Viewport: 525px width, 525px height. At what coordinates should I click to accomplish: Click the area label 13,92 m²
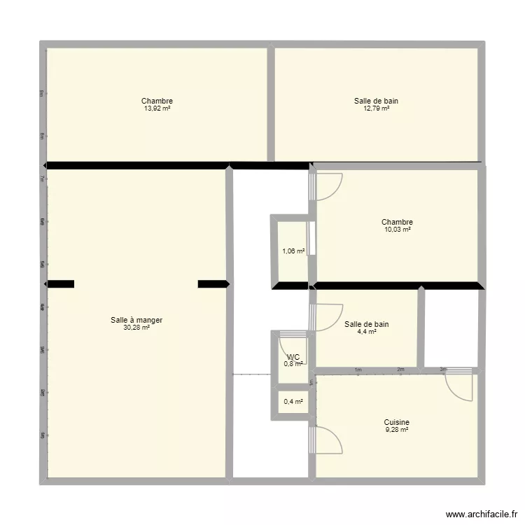[157, 108]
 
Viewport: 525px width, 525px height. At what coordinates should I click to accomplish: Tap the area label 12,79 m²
[376, 108]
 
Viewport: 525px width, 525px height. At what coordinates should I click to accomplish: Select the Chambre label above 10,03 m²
[397, 223]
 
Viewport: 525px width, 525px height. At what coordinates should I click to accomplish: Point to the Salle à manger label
[136, 320]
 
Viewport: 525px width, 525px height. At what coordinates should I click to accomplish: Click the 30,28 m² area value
[136, 328]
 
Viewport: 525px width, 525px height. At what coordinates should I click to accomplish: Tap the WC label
[293, 356]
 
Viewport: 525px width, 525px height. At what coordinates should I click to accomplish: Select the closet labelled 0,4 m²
[293, 402]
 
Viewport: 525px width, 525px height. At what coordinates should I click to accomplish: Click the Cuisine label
[396, 422]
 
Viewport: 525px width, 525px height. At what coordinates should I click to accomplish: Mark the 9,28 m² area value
[396, 430]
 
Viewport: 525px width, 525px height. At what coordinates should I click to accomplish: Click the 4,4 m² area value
[366, 332]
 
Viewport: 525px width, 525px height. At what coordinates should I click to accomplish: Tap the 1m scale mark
[358, 370]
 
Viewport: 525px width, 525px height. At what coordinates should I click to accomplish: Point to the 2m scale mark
[400, 370]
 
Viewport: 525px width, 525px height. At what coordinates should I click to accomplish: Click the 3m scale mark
[443, 370]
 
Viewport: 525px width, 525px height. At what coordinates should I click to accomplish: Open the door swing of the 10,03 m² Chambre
[328, 185]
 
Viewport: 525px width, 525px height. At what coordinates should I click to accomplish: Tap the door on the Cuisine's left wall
[328, 440]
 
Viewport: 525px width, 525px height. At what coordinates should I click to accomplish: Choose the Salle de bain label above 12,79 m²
[376, 101]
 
